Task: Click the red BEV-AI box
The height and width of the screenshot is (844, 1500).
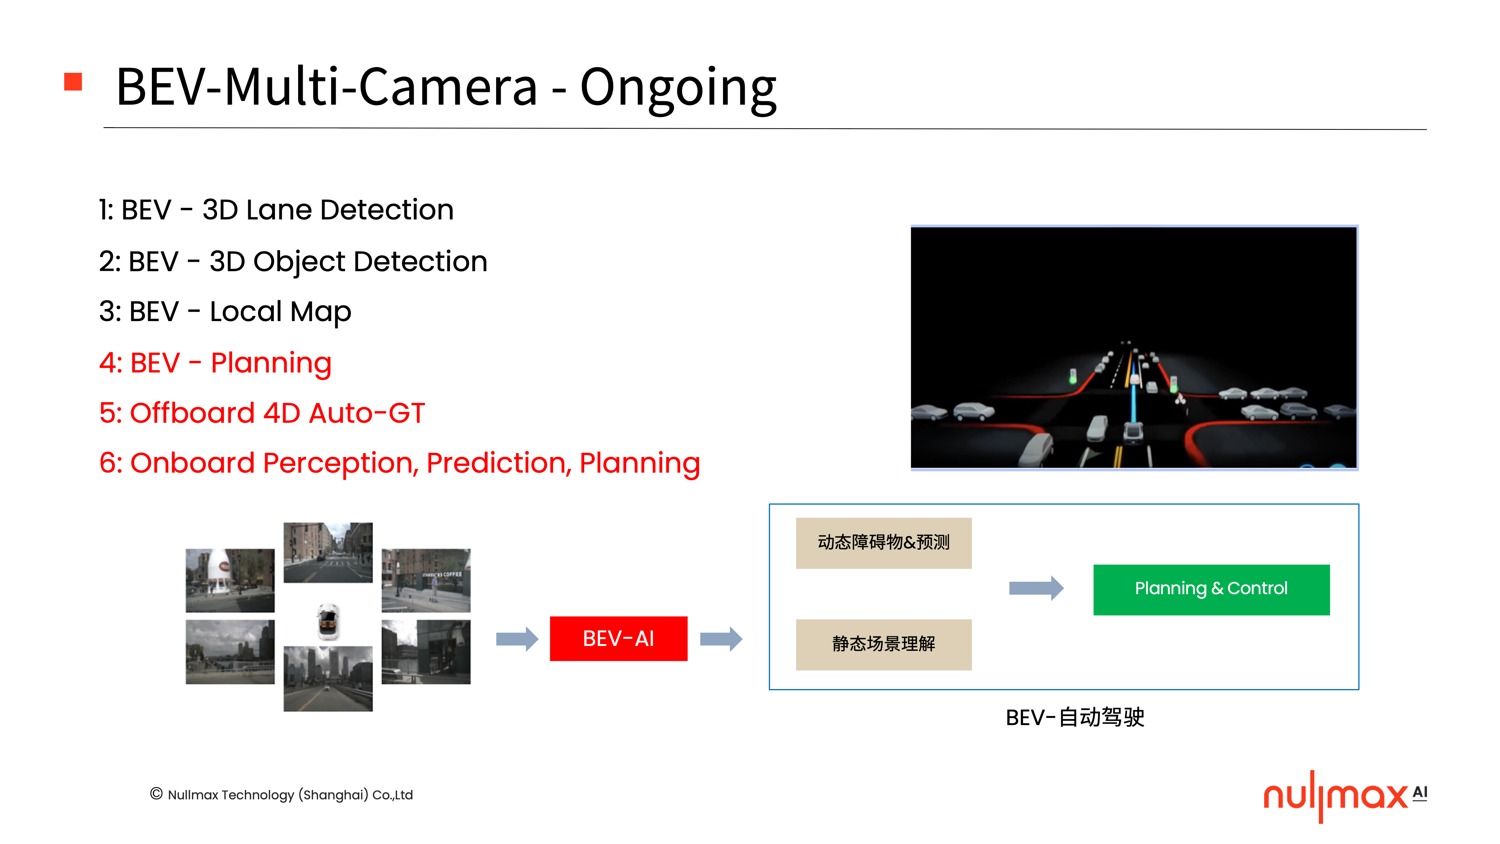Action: pos(618,638)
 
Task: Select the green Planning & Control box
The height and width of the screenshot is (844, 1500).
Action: pos(1211,589)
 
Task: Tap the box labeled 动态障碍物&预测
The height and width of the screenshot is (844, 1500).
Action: pos(883,543)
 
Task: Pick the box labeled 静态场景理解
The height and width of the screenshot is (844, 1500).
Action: pos(883,644)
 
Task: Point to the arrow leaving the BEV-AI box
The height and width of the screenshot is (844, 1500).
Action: pos(721,639)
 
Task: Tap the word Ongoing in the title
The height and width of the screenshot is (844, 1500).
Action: pos(678,89)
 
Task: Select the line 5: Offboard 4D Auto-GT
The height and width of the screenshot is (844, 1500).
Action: pos(262,413)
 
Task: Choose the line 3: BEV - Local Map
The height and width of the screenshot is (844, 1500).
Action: pos(225,312)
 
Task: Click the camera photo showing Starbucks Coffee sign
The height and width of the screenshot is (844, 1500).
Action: pos(426,580)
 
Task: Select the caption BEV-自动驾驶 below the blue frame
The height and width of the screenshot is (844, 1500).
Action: pos(1075,717)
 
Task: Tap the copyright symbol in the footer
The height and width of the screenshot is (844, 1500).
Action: pos(156,793)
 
